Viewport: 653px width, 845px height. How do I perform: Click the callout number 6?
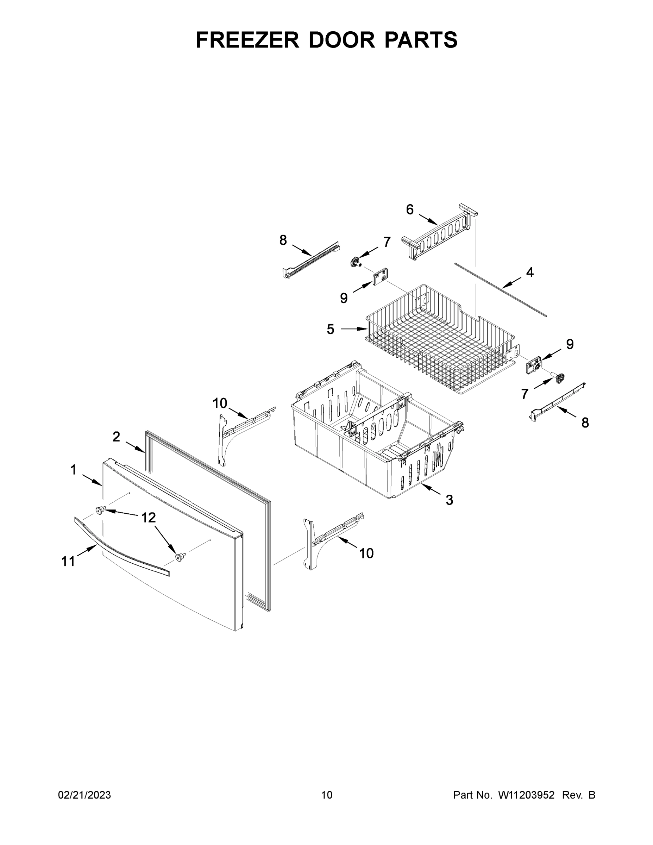410,210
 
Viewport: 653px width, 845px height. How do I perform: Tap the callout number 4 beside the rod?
529,273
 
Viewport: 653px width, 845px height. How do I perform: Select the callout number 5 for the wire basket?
330,329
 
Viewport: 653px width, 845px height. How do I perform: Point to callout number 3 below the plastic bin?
449,500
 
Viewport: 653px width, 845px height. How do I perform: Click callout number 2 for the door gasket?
116,437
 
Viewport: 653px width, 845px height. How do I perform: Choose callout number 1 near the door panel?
73,470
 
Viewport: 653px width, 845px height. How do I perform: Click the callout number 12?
148,517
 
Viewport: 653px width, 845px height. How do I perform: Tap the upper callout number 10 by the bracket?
219,403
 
